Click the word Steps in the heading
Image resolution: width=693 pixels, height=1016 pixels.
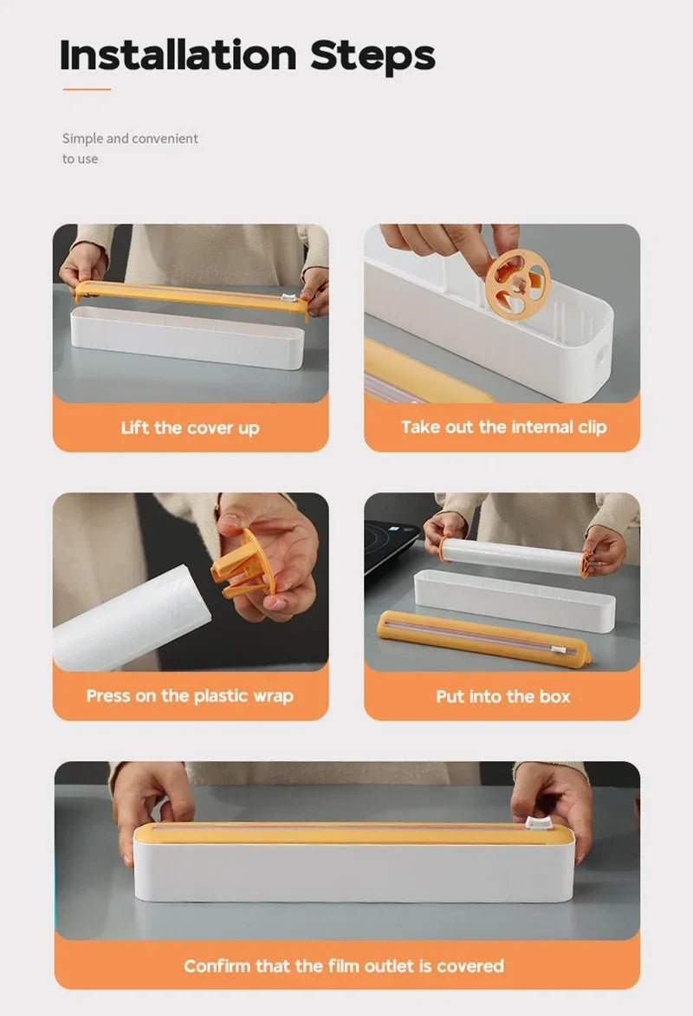click(372, 55)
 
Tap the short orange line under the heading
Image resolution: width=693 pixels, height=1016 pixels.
click(87, 88)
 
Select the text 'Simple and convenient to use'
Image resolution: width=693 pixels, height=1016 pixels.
click(130, 148)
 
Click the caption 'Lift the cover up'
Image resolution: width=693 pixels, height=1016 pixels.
click(190, 427)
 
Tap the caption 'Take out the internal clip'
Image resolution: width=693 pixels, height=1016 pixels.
click(503, 427)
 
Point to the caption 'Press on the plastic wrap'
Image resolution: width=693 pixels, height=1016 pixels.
click(190, 695)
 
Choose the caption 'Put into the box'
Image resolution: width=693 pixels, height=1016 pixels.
click(503, 696)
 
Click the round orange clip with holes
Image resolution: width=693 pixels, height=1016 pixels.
click(516, 283)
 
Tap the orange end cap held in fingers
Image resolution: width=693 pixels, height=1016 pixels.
click(245, 564)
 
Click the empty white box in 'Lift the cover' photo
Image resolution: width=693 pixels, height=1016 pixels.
click(186, 337)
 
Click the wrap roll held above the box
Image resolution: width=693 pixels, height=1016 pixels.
click(511, 557)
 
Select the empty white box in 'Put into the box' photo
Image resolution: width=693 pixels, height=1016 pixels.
click(515, 599)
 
